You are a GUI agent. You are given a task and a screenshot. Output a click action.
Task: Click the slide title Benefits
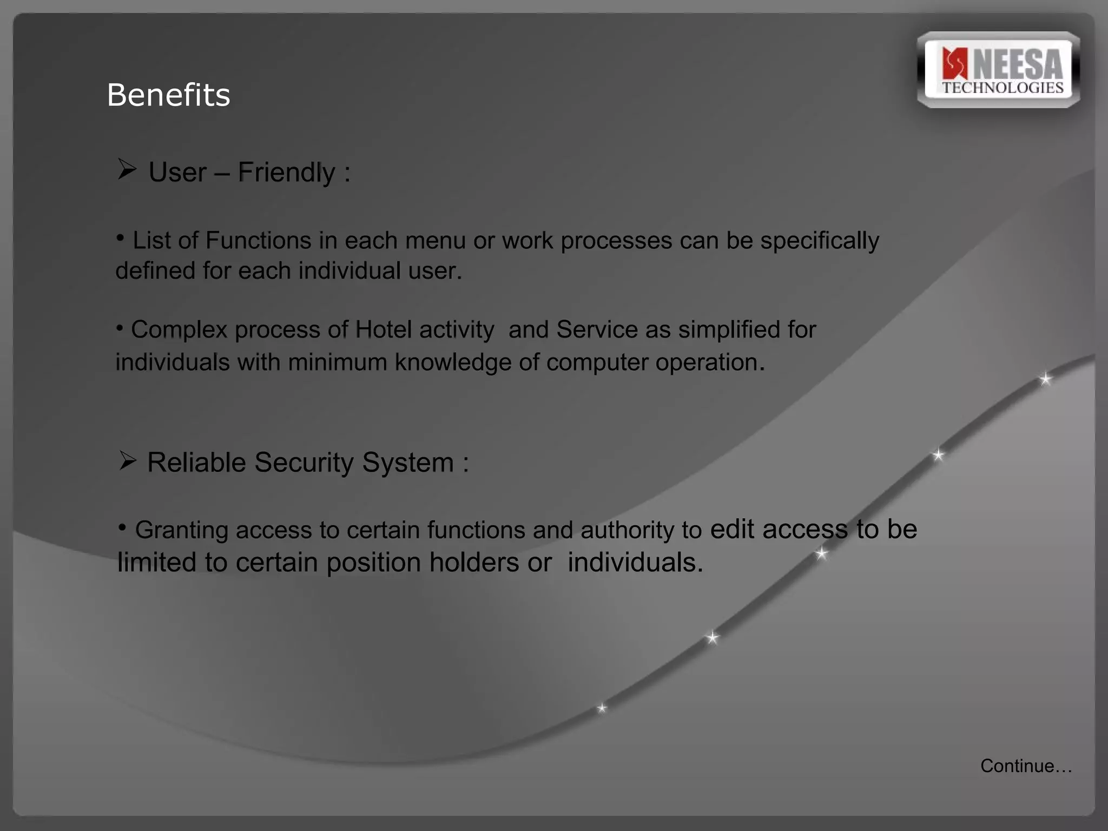coord(168,95)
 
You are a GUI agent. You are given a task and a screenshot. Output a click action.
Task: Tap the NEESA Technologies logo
coord(999,70)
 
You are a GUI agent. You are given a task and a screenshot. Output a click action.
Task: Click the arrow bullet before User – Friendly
coord(127,170)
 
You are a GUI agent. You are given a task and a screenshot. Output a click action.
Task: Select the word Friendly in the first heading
coord(286,173)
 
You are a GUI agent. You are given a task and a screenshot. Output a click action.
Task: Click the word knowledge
coord(453,362)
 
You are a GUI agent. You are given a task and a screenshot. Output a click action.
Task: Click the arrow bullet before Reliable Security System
coord(128,461)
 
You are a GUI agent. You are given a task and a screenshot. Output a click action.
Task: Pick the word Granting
coord(181,530)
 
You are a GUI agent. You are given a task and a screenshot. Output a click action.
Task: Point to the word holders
coord(474,563)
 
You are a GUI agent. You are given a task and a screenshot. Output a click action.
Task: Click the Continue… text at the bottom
coord(1026,766)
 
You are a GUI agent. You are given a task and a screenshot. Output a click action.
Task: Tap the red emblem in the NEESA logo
coord(954,64)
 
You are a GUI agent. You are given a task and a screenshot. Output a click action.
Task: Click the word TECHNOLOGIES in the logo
coord(1003,88)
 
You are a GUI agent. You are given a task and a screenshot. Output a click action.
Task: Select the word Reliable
coord(196,463)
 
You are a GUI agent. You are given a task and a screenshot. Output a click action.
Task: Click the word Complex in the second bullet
coord(179,329)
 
